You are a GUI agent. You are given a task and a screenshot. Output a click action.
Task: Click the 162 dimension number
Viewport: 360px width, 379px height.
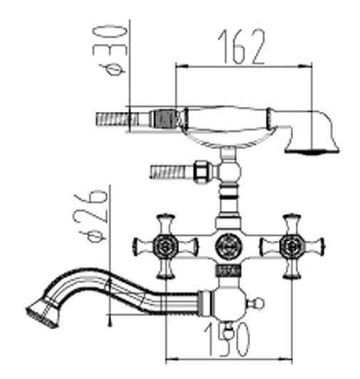point(242,46)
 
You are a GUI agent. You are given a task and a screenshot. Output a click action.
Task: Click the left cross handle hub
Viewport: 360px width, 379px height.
point(165,246)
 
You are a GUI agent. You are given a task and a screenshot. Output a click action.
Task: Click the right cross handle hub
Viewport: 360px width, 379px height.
point(292,246)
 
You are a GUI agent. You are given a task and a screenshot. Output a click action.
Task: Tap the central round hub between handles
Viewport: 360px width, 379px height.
point(228,246)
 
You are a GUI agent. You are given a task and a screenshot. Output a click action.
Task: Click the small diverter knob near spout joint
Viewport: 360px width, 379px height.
point(257,303)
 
